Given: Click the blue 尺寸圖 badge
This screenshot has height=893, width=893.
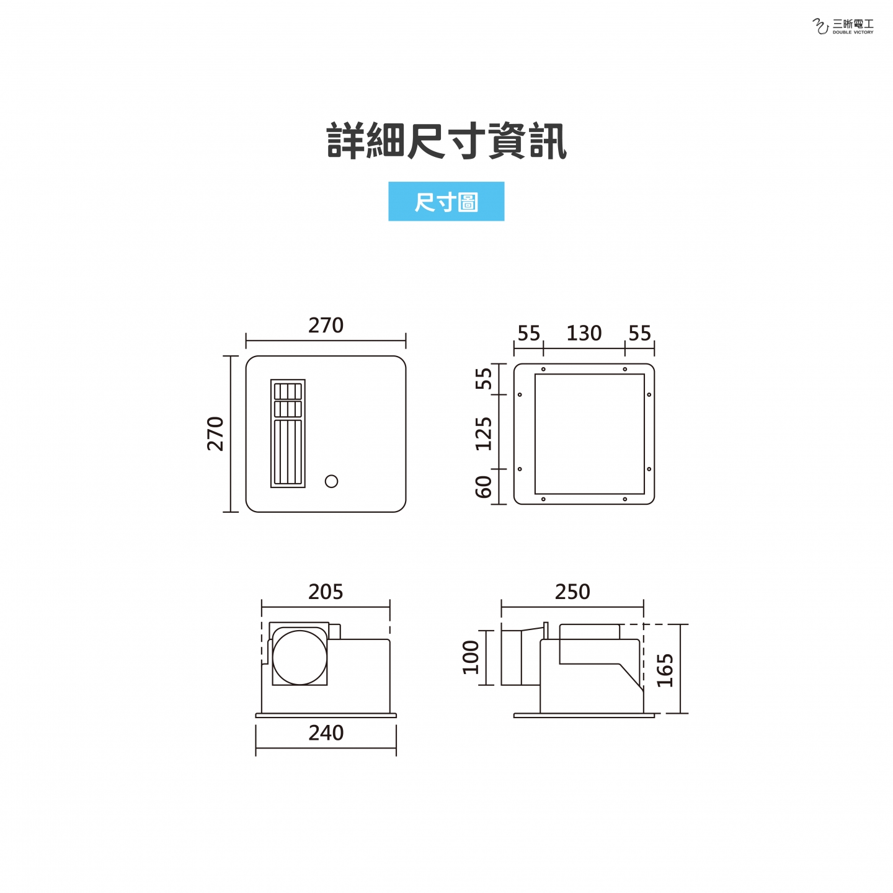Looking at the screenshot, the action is (446, 201).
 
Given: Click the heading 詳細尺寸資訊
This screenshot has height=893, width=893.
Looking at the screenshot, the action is (446, 141).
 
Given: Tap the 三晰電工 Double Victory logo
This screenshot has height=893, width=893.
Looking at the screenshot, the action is (843, 27).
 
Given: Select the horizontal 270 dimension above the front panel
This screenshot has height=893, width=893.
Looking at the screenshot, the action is (326, 326).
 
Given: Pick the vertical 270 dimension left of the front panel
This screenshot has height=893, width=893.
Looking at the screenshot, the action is (215, 433).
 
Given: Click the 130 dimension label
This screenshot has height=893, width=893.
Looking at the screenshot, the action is (584, 333).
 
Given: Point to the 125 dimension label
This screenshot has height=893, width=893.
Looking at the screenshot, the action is (483, 433).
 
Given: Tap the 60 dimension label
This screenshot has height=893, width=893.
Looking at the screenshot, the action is (483, 487).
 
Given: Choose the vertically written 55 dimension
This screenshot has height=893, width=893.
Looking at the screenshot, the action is (483, 379).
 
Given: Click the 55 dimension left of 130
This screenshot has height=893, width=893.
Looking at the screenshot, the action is (529, 333).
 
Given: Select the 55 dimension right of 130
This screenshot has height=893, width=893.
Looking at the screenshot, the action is (639, 333).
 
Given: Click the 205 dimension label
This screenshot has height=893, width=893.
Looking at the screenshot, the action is (326, 592).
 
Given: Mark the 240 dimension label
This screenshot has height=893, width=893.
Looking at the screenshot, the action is (326, 732).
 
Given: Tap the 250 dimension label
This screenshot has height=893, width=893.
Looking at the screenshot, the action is (572, 592).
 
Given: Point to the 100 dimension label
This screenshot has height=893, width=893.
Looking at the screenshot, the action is (471, 657).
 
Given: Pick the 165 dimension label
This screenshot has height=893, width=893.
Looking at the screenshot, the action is (665, 670).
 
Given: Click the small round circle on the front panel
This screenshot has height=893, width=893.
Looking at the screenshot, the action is (331, 481).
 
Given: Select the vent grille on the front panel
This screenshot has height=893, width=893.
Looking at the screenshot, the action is (288, 433).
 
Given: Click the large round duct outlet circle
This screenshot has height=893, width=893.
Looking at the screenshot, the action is (300, 657).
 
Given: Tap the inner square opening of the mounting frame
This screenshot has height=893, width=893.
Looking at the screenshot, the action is (590, 433).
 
